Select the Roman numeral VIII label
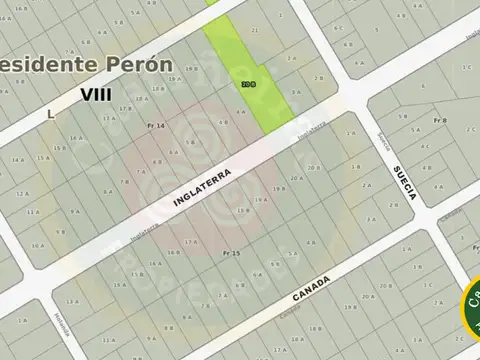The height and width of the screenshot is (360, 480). pos(96,95)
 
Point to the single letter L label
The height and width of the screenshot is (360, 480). pos(49,114)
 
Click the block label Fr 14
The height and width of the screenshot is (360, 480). pos(155,125)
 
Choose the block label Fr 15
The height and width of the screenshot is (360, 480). pos(229,254)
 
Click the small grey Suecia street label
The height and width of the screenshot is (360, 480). pos(383,141)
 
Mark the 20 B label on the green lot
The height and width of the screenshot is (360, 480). pos(248,85)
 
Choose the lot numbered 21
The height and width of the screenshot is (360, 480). pos(254,31)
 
